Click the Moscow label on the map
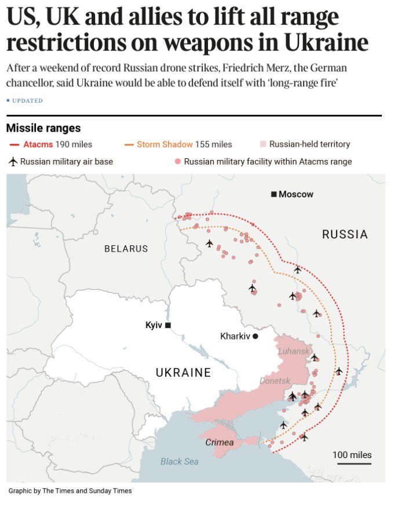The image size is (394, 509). [x=295, y=194]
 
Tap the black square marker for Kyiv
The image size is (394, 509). [x=168, y=325]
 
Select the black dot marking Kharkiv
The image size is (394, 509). [x=255, y=336]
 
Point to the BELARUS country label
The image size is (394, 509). [x=126, y=249]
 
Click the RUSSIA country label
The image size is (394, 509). [x=345, y=235]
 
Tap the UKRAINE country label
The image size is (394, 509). [x=183, y=373]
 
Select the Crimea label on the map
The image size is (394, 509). [x=220, y=443]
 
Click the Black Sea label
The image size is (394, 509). [x=179, y=461]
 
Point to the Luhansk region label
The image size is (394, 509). [x=294, y=351]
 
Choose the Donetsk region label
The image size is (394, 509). [x=275, y=381]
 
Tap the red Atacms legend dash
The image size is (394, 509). [x=15, y=144]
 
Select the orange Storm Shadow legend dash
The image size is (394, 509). [x=129, y=144]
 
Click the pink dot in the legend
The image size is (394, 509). [x=177, y=162]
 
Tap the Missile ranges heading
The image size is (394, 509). [x=43, y=128]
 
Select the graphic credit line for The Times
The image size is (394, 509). [x=70, y=491]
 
